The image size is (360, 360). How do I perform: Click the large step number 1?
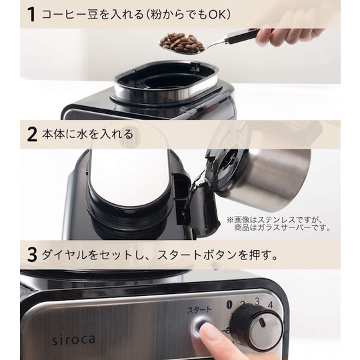click(x=32, y=15)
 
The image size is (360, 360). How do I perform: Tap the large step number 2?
click(x=32, y=134)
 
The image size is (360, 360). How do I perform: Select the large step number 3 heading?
click(x=32, y=255)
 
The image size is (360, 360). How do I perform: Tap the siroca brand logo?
click(x=73, y=339)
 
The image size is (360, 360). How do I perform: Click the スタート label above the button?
click(x=199, y=310)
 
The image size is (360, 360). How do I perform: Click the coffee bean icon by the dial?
click(x=229, y=303)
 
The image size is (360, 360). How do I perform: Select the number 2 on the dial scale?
click(x=242, y=304)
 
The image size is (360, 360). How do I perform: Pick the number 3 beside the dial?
click(x=257, y=301)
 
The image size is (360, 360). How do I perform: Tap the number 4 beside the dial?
click(x=271, y=305)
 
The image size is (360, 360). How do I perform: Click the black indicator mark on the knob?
click(x=263, y=322)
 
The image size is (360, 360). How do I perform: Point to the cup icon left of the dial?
click(x=227, y=331)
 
